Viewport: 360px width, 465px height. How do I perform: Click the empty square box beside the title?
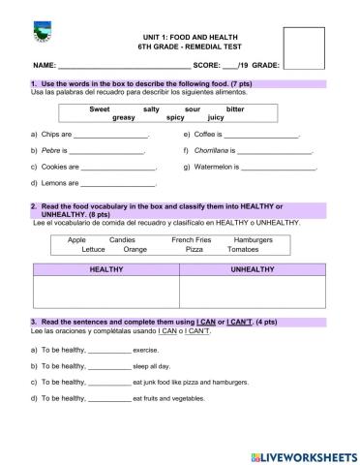304,48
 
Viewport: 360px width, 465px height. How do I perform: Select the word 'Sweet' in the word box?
100,109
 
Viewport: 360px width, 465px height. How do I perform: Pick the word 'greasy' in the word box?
124,118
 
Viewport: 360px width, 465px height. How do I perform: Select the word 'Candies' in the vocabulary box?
122,239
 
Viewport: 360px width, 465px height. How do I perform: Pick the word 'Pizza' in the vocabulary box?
195,249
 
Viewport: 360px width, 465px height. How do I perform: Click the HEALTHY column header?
106,269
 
